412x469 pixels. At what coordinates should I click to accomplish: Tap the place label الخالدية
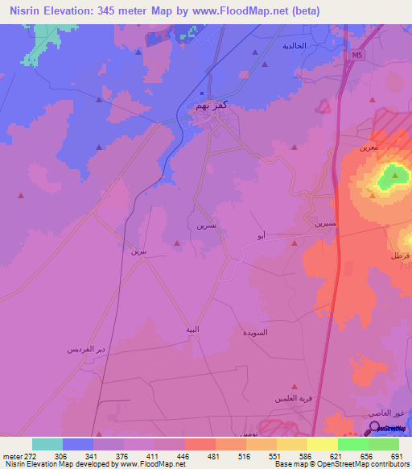click(294, 46)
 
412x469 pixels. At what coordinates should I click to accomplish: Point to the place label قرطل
click(400, 255)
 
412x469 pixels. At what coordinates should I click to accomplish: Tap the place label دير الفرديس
click(86, 350)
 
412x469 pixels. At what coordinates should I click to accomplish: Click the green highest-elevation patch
click(393, 176)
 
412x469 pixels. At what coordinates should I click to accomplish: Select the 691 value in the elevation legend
click(395, 456)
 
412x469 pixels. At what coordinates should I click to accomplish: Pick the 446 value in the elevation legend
click(183, 456)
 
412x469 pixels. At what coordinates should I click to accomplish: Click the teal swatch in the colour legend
click(47, 444)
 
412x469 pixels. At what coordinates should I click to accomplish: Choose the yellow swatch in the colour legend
click(322, 444)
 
